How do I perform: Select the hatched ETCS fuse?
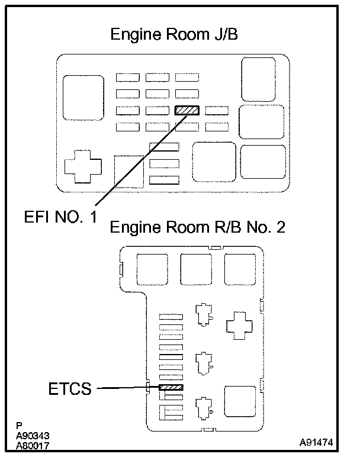pyautogui.click(x=171, y=387)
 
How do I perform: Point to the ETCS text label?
pyautogui.click(x=69, y=389)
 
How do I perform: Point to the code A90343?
pyautogui.click(x=33, y=433)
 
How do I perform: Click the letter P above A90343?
pyautogui.click(x=20, y=424)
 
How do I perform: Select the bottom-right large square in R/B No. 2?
pyautogui.click(x=240, y=403)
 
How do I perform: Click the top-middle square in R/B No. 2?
pyautogui.click(x=195, y=268)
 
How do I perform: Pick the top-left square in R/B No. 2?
pyautogui.click(x=152, y=268)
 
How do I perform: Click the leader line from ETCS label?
pyautogui.click(x=127, y=388)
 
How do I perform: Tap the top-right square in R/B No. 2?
pyautogui.click(x=240, y=268)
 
